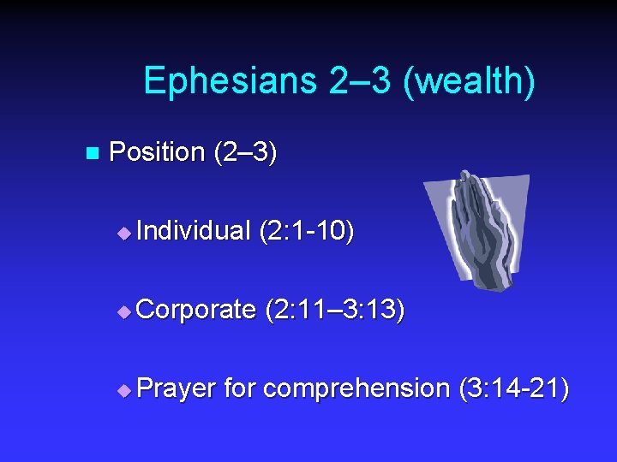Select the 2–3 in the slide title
347,80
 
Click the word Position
157,152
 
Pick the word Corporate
195,310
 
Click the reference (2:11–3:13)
335,310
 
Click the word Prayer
176,388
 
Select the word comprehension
356,388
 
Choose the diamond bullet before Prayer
124,390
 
